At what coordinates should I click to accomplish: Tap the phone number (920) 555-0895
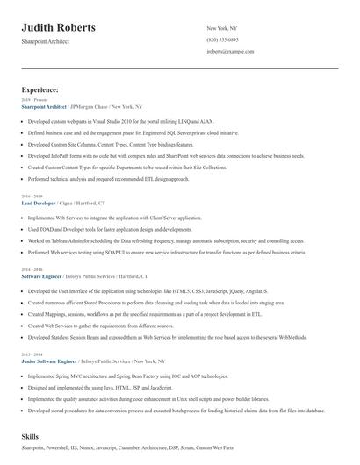click(x=222, y=39)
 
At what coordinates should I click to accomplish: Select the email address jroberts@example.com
click(x=231, y=52)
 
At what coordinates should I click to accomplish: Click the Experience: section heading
click(x=40, y=89)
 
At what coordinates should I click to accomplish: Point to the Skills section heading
click(x=31, y=435)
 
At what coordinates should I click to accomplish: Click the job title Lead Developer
click(x=39, y=202)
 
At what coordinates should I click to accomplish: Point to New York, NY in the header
click(x=221, y=28)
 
